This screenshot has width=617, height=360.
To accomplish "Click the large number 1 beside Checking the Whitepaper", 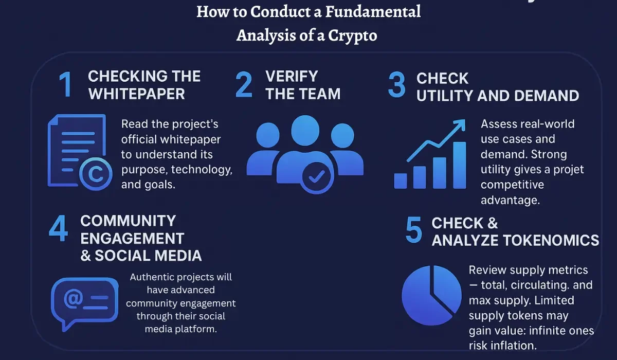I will point(65,85).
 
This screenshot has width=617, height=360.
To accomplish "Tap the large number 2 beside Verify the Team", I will point(244,85).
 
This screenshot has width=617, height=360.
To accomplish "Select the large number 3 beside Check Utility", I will point(396,85).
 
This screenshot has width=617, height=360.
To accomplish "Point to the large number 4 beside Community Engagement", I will point(58,229).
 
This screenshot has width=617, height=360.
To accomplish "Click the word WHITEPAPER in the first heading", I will point(136,94).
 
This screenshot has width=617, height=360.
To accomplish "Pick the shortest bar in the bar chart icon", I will point(401,181).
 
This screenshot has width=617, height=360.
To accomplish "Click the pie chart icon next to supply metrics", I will point(431,299).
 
